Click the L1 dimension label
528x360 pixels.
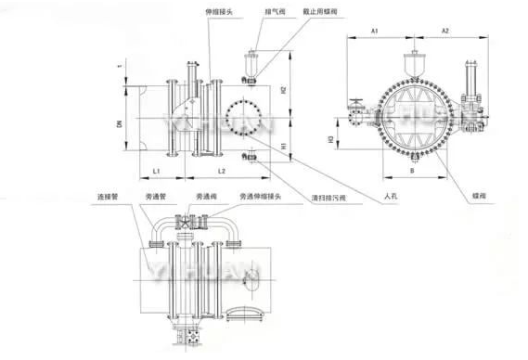click(x=157, y=173)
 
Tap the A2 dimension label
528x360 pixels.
click(x=444, y=32)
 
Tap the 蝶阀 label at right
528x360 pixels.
click(x=479, y=198)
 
